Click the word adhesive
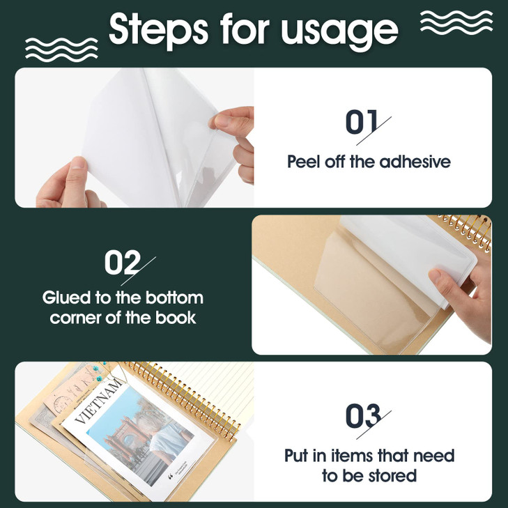click(415, 162)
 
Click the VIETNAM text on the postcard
click(93, 406)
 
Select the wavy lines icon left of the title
click(52, 47)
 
